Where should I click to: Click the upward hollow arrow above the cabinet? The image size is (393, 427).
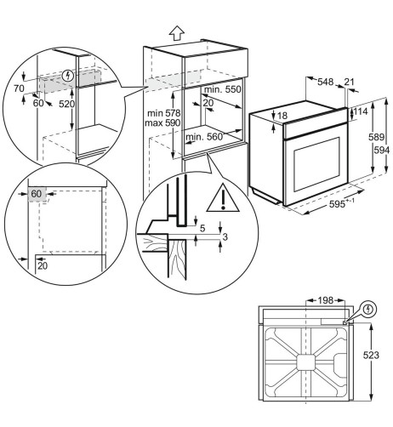(177, 33)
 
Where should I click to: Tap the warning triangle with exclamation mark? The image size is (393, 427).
(223, 198)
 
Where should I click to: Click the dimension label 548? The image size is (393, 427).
(325, 82)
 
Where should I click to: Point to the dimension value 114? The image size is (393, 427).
(361, 111)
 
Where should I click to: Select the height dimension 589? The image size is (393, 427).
(376, 137)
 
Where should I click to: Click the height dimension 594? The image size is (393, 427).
(381, 150)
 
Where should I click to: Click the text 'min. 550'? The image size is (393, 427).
(223, 89)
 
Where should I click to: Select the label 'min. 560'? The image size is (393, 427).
(204, 137)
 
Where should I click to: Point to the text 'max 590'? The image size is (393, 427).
(162, 123)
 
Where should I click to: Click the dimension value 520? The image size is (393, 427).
(66, 104)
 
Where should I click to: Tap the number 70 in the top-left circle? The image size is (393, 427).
(19, 88)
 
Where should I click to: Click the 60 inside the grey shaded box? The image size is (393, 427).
(37, 194)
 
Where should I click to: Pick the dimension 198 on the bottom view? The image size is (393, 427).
(325, 300)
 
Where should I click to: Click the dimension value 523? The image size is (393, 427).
(371, 355)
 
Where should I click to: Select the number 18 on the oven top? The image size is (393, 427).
(282, 116)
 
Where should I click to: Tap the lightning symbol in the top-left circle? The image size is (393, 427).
(68, 76)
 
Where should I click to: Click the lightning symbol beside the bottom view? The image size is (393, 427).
(368, 309)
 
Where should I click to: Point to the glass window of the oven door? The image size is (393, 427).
(316, 164)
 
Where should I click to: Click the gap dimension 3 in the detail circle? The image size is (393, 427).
(225, 236)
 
